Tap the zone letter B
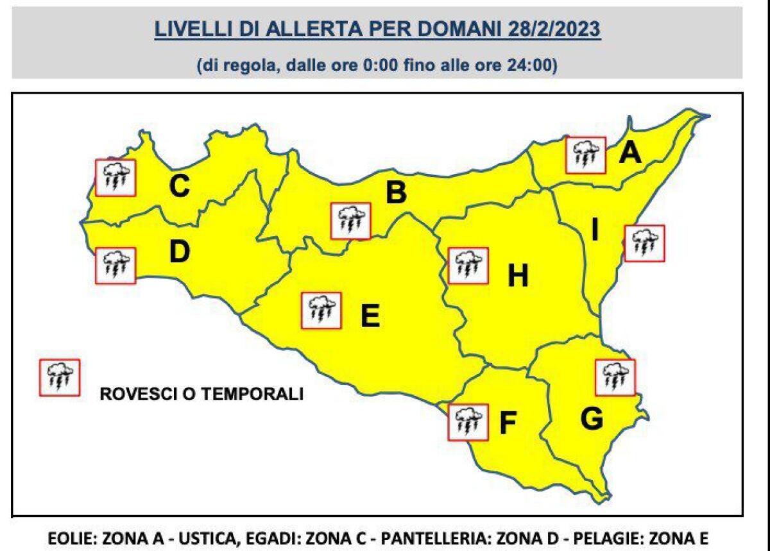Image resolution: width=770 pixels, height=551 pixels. click(395, 192)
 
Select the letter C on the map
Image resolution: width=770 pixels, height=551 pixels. click(179, 187)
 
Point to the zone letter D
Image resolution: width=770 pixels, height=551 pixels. click(180, 252)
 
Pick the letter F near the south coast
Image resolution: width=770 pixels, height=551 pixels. click(508, 423)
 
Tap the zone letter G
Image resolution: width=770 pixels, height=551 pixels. click(591, 420)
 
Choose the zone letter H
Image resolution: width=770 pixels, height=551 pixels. click(518, 277)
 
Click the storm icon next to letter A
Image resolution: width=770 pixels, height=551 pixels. click(586, 155)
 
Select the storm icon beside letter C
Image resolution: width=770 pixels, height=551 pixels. click(115, 177)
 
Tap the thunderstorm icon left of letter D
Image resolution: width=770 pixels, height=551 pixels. click(116, 265)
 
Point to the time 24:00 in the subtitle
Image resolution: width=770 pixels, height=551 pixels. click(536, 65)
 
